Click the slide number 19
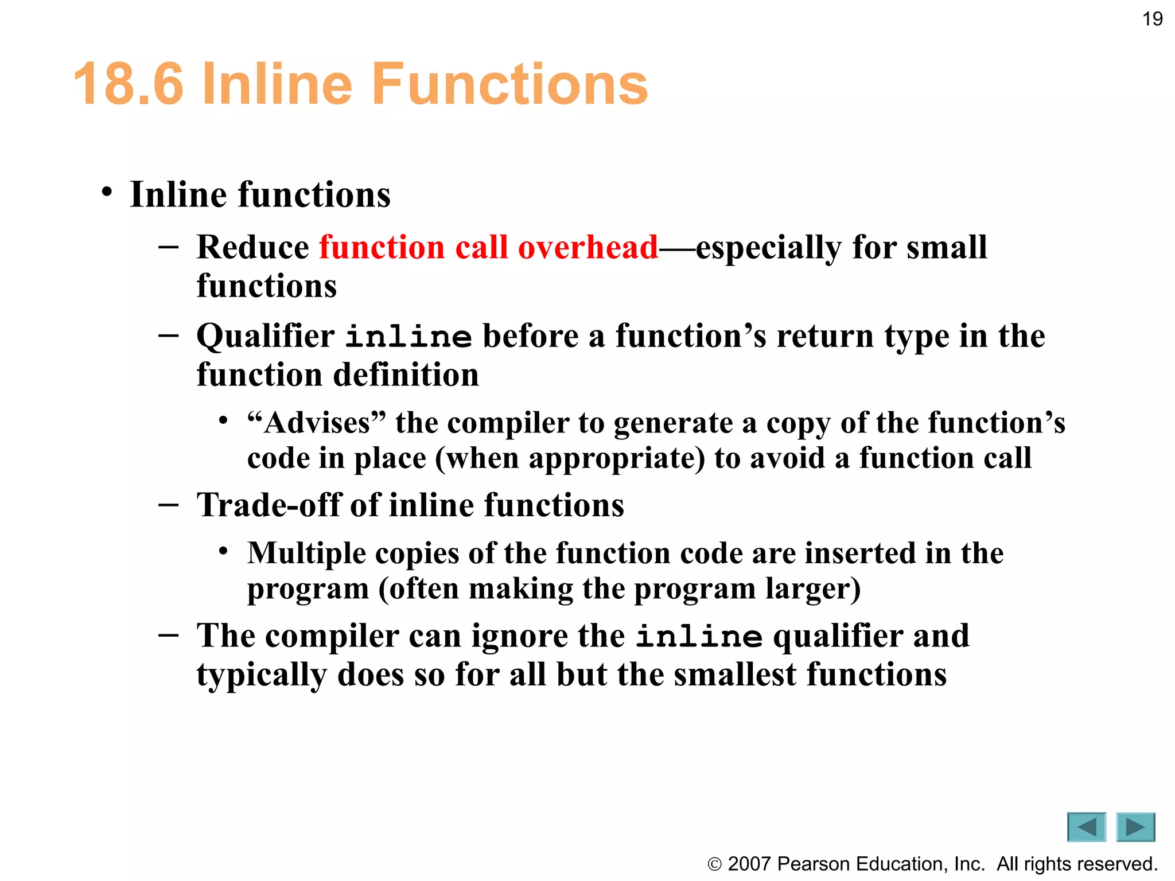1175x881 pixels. tap(1152, 20)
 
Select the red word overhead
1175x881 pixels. tap(587, 247)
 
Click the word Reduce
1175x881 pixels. tap(252, 247)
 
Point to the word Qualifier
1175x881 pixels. tap(265, 337)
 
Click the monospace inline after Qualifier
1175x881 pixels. tap(408, 337)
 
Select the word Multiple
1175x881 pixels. tap(306, 553)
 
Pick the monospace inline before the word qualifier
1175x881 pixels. tap(699, 637)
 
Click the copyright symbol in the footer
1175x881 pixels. tap(714, 864)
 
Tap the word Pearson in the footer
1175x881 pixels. tap(814, 864)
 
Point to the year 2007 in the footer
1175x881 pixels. tap(749, 864)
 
